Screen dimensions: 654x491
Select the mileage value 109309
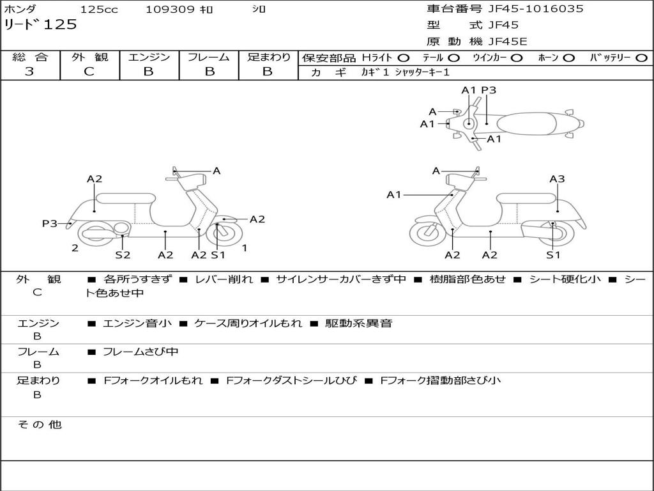[169, 10]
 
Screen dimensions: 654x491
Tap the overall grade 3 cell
[30, 72]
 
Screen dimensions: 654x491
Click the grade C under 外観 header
[89, 72]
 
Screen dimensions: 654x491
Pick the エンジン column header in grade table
[149, 57]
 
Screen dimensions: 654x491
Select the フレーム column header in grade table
[208, 57]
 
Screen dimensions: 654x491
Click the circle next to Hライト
[404, 58]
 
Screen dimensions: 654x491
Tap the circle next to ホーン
[568, 58]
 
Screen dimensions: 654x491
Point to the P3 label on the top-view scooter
[489, 90]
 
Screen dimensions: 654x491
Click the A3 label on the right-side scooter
[557, 179]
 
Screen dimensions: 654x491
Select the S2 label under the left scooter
[123, 255]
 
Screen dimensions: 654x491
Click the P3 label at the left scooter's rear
[50, 223]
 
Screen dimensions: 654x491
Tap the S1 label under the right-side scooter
[553, 255]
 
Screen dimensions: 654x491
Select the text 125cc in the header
[99, 10]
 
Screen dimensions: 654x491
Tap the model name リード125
[40, 25]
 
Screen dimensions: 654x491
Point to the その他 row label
[40, 425]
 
